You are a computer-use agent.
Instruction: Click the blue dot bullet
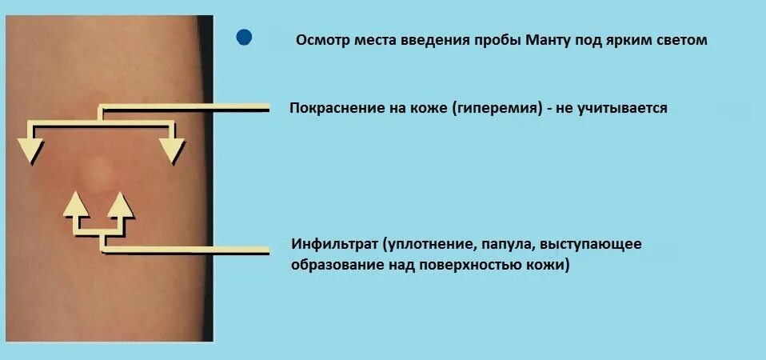[244, 38]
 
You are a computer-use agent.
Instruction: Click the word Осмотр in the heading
[320, 40]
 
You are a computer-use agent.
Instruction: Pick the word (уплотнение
[427, 243]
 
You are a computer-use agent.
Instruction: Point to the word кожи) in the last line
[549, 265]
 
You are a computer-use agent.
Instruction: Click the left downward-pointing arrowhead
[31, 150]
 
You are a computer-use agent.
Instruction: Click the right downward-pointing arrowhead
[171, 150]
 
